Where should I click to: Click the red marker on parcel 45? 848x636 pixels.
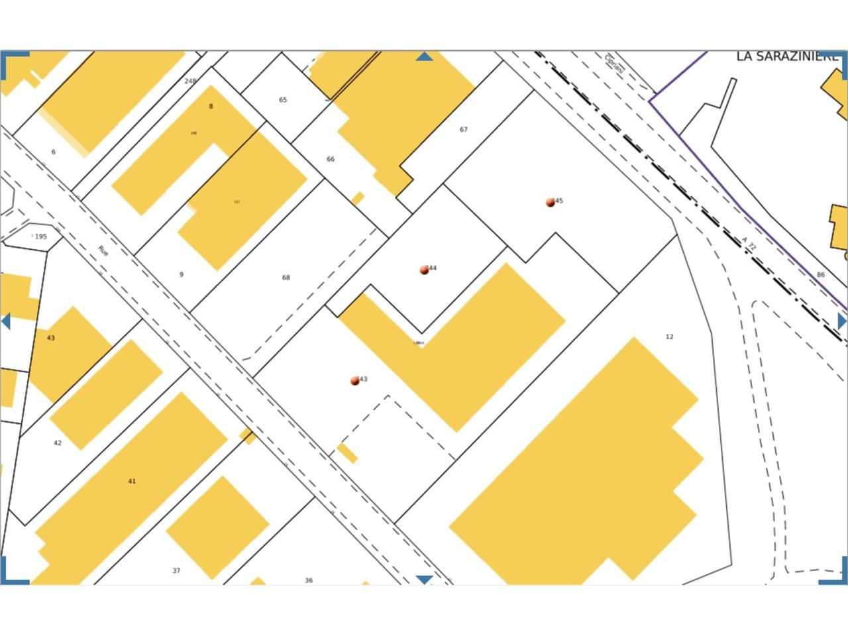550,203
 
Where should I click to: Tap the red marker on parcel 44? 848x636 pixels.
424,270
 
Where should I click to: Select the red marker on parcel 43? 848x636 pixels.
355,381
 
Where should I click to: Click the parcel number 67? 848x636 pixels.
464,130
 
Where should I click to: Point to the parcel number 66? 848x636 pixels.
331,159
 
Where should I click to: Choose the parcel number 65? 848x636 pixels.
283,100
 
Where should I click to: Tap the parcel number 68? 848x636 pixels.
286,278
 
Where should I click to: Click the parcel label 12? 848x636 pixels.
669,337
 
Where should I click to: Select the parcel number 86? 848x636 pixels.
821,275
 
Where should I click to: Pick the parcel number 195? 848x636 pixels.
41,237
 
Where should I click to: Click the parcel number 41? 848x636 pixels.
132,481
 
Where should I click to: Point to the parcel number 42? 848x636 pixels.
58,443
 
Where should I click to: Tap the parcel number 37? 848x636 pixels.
176,570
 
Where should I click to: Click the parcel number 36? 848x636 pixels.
309,580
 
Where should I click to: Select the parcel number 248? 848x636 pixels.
190,81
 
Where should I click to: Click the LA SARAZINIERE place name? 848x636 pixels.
788,57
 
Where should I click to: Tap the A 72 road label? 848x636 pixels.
749,244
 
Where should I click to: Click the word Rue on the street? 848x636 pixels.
103,251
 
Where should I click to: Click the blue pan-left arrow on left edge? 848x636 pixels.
6,321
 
